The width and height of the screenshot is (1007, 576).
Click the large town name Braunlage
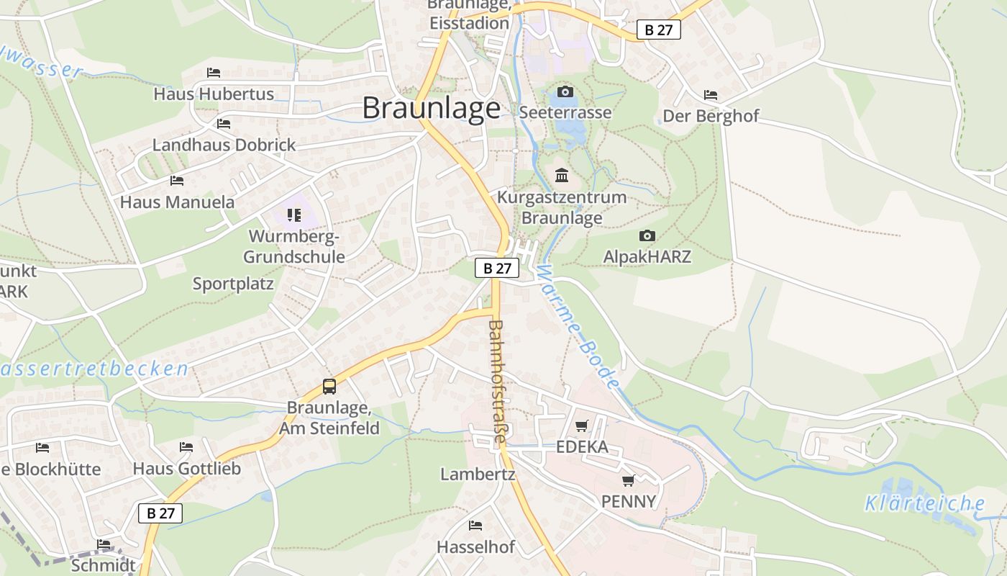point(431,108)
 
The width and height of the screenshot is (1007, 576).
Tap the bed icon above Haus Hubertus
point(213,73)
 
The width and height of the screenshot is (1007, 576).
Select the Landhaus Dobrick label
point(224,145)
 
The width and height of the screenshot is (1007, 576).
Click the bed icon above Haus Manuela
point(177,180)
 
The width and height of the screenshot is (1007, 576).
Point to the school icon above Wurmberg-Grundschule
point(293,215)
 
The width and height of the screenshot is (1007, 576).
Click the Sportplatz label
point(233,284)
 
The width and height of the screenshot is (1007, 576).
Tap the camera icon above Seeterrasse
point(565,91)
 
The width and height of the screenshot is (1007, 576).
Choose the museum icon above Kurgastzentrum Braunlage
point(562,175)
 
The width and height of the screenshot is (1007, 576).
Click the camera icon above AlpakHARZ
point(647,235)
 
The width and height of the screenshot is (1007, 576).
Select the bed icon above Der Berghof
point(711,95)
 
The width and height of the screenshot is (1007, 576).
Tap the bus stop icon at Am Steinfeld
point(329,387)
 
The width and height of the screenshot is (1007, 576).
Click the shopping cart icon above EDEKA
point(581,426)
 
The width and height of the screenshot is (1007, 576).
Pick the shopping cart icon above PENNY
point(628,480)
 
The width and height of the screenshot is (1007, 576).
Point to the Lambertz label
point(478,474)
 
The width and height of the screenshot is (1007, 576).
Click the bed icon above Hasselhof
point(475,526)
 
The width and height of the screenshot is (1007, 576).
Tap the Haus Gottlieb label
point(186,469)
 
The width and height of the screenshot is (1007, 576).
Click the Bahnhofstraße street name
point(497,382)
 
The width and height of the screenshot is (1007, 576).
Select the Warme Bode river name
point(577,328)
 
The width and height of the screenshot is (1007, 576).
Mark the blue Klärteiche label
point(924,503)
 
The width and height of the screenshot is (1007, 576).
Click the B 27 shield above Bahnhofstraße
point(497,268)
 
